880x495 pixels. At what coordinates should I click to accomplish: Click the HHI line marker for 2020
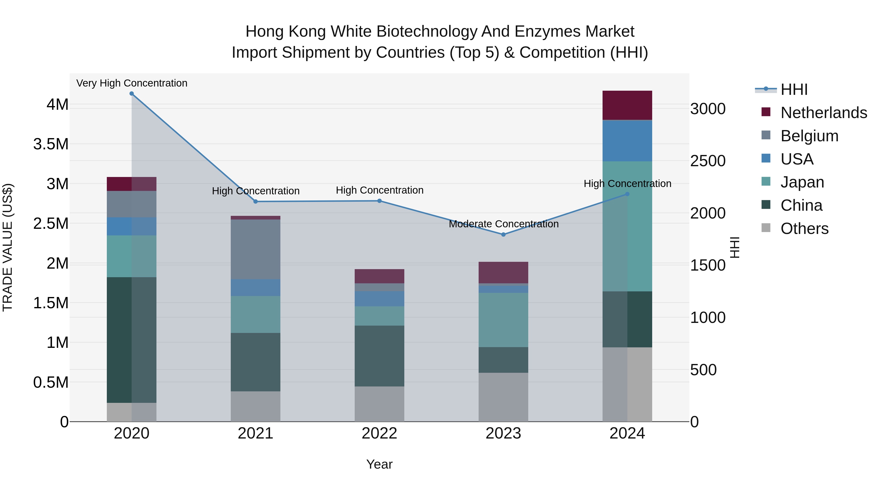[132, 94]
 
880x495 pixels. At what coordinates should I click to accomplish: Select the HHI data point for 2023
[503, 234]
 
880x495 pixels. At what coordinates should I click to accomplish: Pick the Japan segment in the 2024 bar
[627, 226]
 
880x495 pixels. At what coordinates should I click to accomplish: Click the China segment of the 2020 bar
[132, 340]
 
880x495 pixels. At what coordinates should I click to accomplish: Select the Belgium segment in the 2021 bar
[255, 249]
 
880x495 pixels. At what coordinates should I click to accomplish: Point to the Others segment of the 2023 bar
[503, 397]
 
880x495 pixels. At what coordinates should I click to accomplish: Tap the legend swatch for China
[766, 205]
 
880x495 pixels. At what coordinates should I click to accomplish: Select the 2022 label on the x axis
[379, 433]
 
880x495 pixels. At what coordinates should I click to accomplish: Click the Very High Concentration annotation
[132, 83]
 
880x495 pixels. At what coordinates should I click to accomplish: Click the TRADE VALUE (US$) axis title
[8, 247]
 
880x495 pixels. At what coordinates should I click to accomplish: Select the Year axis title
[379, 464]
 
